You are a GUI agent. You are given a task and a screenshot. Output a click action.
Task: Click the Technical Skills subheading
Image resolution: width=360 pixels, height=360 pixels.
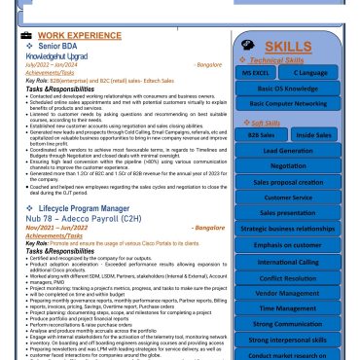(x=286, y=59)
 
